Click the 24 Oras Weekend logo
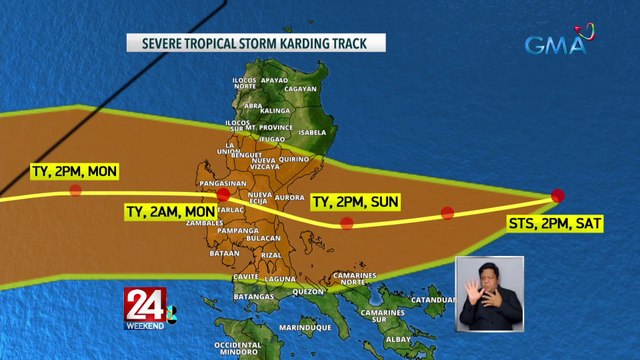click(149, 309)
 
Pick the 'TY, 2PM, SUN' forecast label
click(356, 202)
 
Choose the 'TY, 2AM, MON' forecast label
click(170, 212)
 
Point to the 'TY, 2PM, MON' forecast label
click(74, 172)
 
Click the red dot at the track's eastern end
click(557, 195)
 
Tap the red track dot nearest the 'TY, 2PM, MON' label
click(75, 189)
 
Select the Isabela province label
click(311, 132)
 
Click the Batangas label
click(254, 297)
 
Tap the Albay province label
click(397, 339)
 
